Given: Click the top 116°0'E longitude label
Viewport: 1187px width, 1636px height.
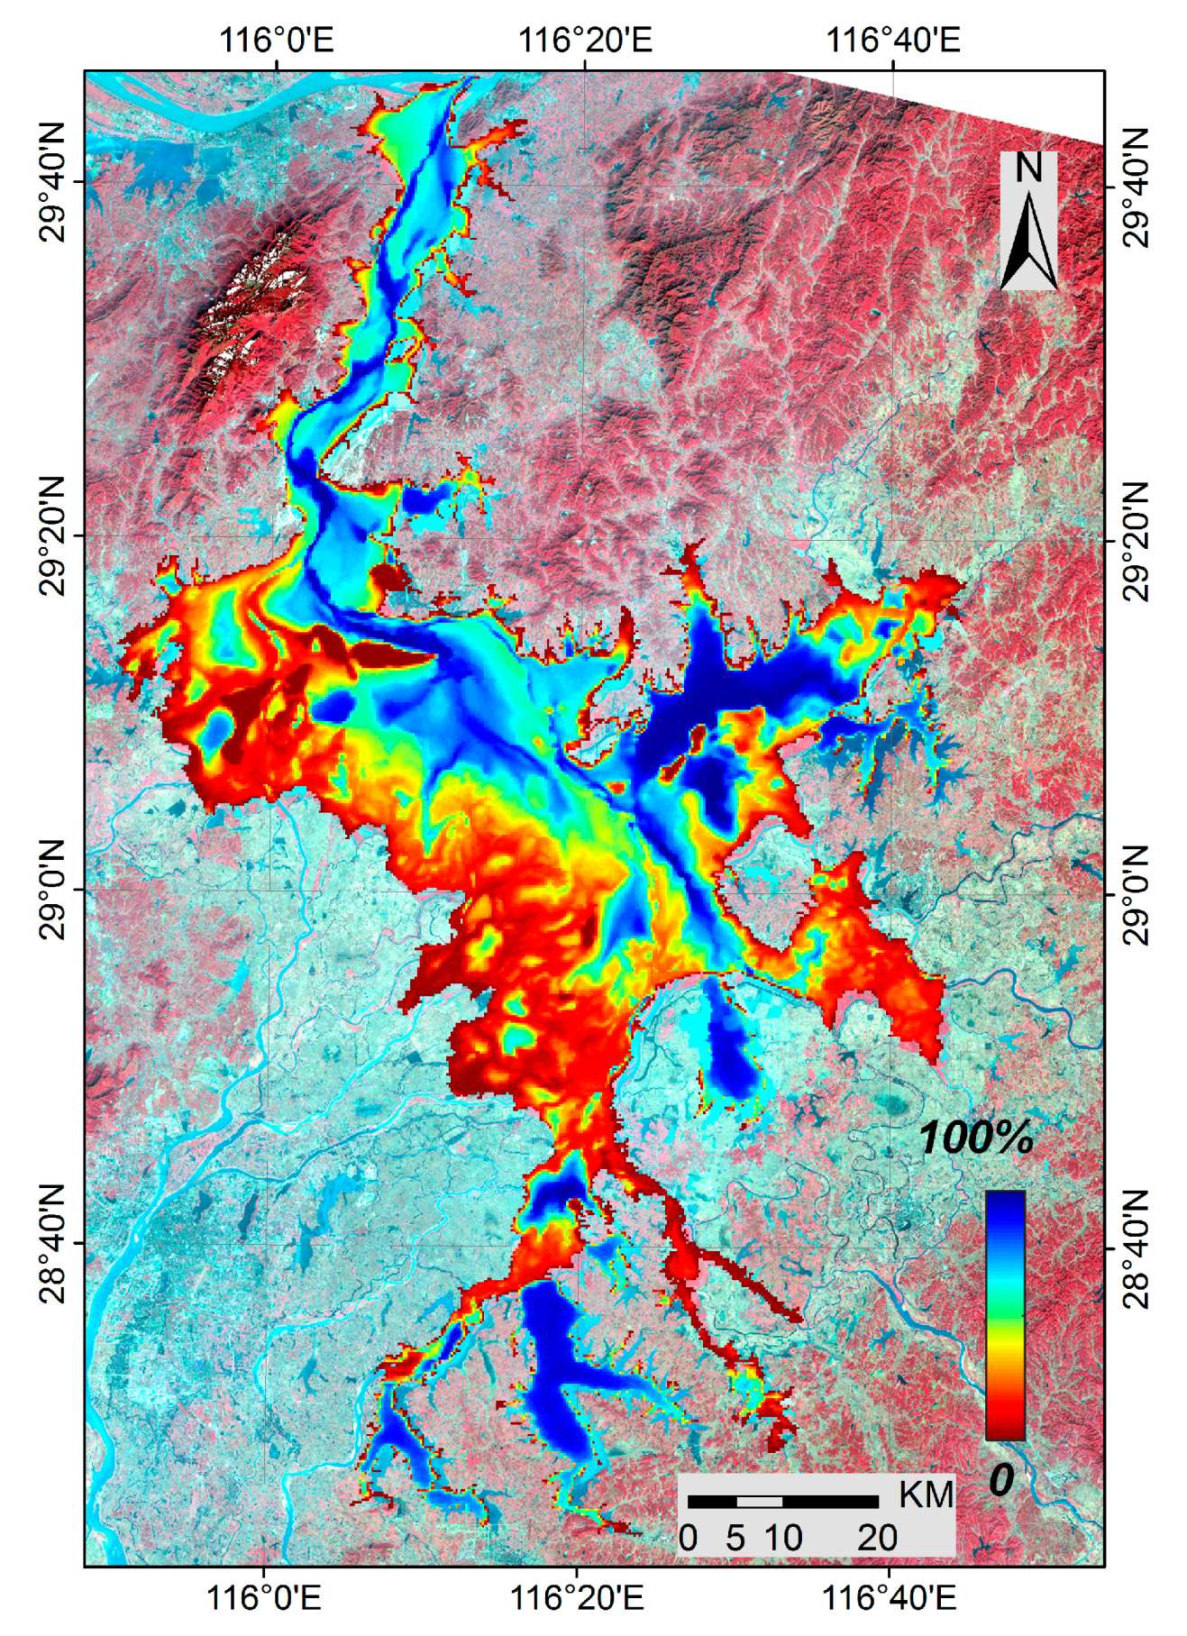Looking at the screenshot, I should click(x=276, y=40).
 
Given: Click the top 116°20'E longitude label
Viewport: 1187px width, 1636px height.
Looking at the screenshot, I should click(x=585, y=40).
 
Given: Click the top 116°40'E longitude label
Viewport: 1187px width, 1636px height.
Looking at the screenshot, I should click(x=893, y=40).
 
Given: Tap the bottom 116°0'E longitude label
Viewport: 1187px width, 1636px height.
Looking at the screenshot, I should click(x=264, y=1598).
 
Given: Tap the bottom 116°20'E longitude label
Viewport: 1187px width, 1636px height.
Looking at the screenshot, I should click(x=577, y=1598).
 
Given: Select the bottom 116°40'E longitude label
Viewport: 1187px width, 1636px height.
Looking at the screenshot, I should click(x=890, y=1598).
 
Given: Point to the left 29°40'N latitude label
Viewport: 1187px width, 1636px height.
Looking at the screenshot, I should click(x=52, y=183).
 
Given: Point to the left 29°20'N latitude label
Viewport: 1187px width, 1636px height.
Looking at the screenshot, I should click(x=52, y=537).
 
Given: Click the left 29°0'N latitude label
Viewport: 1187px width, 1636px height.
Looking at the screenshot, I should click(x=52, y=891).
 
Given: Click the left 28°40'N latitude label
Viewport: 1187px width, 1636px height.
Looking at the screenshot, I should click(x=52, y=1244).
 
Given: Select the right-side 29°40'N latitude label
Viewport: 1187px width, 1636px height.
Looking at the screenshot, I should click(x=1136, y=187).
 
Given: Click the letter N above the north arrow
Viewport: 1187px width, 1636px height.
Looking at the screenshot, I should click(x=1028, y=169).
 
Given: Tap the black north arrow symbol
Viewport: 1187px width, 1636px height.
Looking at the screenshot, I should click(x=1028, y=240).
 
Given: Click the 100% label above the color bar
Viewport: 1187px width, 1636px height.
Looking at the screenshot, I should click(x=976, y=1139).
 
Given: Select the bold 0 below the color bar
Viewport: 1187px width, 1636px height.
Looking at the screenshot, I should click(x=1001, y=1479).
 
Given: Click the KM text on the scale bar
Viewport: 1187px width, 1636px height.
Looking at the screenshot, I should click(x=926, y=1495).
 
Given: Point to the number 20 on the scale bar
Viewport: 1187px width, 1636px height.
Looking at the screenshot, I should click(x=877, y=1538).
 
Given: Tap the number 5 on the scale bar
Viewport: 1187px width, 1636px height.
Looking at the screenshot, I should click(x=735, y=1538).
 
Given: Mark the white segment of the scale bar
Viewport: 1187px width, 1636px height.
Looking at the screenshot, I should click(x=759, y=1501).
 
